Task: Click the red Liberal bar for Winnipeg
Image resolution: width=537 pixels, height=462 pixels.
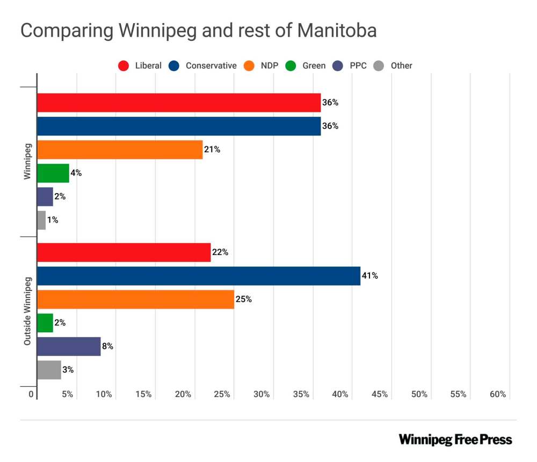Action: pyautogui.click(x=178, y=102)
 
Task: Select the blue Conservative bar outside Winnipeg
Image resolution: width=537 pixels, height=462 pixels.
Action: pyautogui.click(x=198, y=275)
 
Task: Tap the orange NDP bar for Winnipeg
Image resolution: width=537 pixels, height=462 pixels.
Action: pyautogui.click(x=119, y=149)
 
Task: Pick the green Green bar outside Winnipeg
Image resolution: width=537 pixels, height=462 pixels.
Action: pyautogui.click(x=45, y=323)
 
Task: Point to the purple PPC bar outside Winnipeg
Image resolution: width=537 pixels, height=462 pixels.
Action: pyautogui.click(x=68, y=346)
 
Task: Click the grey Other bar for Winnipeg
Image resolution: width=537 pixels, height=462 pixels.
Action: pyautogui.click(x=41, y=219)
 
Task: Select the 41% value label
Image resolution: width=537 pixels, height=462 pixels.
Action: pyautogui.click(x=370, y=275)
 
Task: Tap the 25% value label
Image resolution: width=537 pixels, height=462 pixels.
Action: pyautogui.click(x=243, y=299)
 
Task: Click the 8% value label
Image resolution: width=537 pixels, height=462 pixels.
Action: pyautogui.click(x=107, y=346)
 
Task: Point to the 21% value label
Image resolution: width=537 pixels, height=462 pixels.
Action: pyautogui.click(x=212, y=149)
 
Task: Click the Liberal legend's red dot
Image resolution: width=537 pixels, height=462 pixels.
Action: pyautogui.click(x=124, y=66)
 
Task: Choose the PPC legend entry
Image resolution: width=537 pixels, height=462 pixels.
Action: pyautogui.click(x=357, y=66)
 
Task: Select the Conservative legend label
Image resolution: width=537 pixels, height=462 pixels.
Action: pyautogui.click(x=211, y=66)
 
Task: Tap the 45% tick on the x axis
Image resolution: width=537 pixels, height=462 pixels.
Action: pyautogui.click(x=379, y=394)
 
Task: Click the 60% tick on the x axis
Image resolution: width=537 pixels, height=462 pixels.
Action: pyautogui.click(x=498, y=394)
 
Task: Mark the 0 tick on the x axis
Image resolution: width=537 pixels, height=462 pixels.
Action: pyautogui.click(x=32, y=394)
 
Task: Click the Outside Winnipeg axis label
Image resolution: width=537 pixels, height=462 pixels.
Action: pyautogui.click(x=27, y=311)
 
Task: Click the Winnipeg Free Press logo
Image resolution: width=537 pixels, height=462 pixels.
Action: pyautogui.click(x=455, y=439)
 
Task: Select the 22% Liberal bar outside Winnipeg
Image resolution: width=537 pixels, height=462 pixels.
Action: pyautogui.click(x=124, y=252)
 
